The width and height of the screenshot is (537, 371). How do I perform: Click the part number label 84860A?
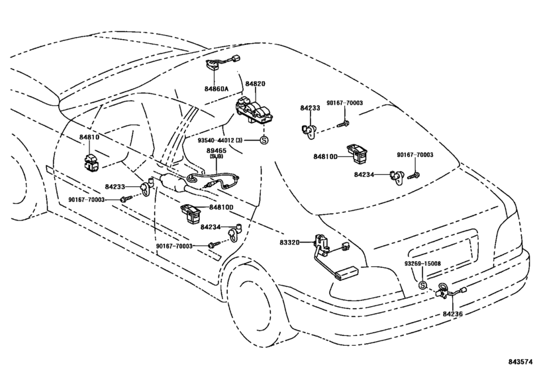tap(217, 89)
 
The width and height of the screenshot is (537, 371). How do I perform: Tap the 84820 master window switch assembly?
tap(254, 109)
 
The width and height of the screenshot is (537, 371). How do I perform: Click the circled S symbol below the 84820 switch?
tap(264, 140)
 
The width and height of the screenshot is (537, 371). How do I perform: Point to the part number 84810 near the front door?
tap(89, 137)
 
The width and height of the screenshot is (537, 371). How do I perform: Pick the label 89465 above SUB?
tap(217, 150)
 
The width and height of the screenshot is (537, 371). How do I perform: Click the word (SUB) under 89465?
tap(217, 156)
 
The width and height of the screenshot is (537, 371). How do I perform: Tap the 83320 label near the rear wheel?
tap(289, 242)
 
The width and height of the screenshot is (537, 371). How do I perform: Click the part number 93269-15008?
tap(422, 264)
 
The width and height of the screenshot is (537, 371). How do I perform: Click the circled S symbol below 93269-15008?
tap(422, 285)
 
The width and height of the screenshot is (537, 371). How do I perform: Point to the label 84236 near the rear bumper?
tap(452, 313)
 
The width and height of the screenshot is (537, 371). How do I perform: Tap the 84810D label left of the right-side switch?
tap(325, 156)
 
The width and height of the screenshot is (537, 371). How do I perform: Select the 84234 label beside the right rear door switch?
tap(364, 174)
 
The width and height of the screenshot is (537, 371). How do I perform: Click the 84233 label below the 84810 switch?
tap(115, 187)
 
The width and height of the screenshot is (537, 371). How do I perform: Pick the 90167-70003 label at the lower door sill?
tap(174, 246)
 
